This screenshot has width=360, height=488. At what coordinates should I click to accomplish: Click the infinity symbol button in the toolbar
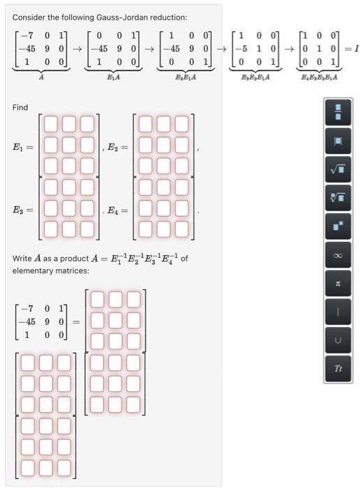pos(338,255)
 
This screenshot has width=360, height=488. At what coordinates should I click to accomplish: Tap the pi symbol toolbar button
pos(338,284)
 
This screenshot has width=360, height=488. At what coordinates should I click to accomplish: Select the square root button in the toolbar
pos(338,168)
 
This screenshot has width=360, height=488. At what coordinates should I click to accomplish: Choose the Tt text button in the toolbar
pos(338,367)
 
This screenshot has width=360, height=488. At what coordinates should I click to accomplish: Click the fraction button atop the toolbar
pos(338,110)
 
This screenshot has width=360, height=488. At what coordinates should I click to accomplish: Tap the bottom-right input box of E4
pos(182,229)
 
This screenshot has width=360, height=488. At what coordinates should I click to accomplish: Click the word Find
pos(20,107)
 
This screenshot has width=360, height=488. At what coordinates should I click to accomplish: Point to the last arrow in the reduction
pos(287,49)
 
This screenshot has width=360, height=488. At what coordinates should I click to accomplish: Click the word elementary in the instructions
pos(34,270)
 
